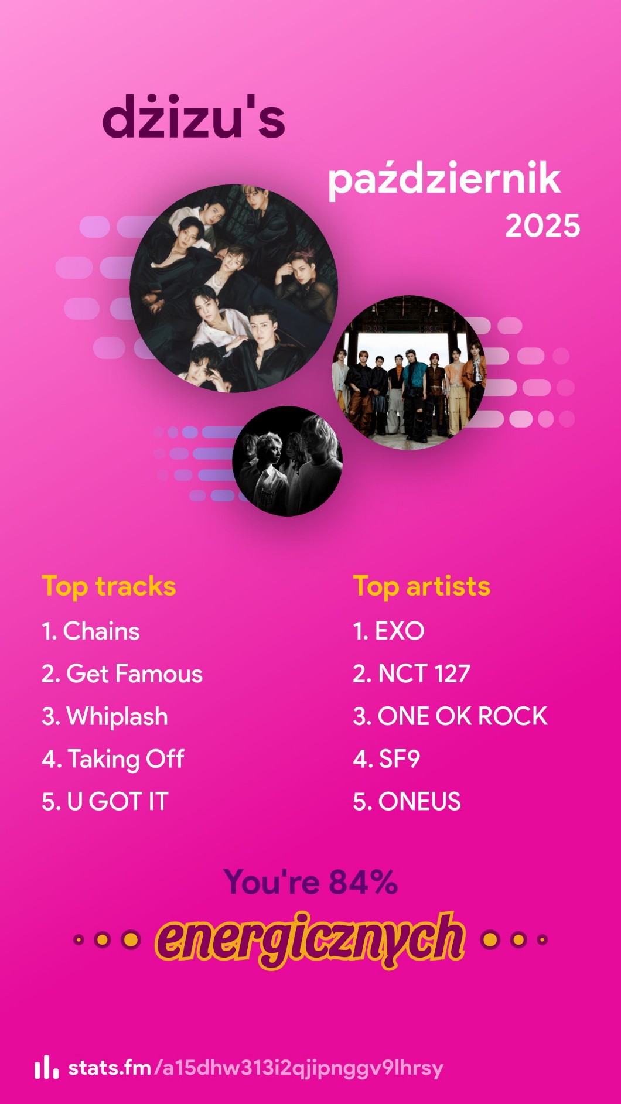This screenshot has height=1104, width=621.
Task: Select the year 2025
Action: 542,226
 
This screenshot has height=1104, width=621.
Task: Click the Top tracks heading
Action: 109,587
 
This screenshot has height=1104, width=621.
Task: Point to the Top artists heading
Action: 421,587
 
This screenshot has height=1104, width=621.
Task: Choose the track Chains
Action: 91,631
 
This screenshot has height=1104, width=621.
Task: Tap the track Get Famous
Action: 122,674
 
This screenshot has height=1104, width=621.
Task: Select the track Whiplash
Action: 105,717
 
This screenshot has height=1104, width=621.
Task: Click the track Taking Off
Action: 113,760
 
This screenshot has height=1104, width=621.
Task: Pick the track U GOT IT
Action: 105,802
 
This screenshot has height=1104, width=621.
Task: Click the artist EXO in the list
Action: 388,631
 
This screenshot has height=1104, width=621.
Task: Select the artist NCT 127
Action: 411,674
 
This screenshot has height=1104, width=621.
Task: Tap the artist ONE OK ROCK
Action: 450,716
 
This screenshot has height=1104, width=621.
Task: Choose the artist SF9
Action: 386,759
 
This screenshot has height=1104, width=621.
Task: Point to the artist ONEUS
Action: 407,802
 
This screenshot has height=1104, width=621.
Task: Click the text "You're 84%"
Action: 310,882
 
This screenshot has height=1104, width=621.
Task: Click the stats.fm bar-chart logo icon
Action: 46,1068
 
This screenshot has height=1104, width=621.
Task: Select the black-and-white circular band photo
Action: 287,461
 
